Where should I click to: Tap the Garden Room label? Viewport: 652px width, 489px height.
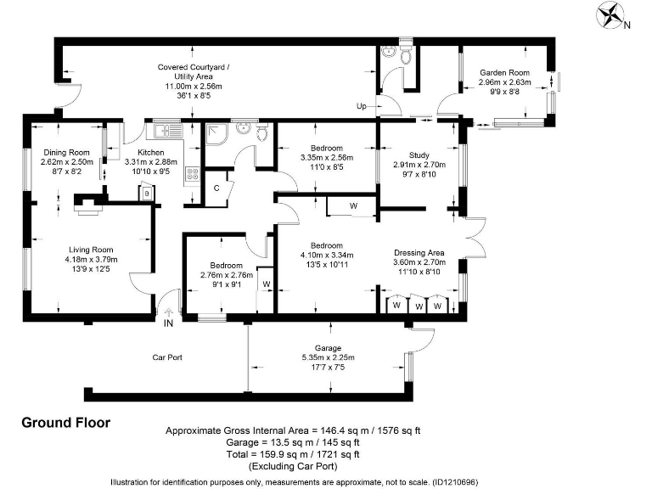click(504, 73)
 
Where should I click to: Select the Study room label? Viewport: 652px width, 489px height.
click(419, 155)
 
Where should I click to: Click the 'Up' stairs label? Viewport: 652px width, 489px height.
click(362, 106)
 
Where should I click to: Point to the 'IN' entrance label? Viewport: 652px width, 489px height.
click(168, 323)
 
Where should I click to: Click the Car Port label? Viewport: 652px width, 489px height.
click(167, 357)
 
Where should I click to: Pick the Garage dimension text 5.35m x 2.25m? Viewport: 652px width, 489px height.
click(328, 357)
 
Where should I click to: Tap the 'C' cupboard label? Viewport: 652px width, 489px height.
click(216, 188)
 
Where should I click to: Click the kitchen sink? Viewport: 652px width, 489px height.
click(168, 131)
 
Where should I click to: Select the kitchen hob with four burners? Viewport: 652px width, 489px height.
click(192, 174)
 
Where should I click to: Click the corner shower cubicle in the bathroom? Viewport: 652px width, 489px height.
click(216, 133)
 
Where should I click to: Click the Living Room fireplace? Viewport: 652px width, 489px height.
click(88, 205)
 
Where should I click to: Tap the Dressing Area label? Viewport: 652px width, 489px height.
click(419, 253)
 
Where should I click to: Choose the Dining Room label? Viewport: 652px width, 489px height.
click(66, 153)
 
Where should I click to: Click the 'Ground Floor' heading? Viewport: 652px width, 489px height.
click(66, 423)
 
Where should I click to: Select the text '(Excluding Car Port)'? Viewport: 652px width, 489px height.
click(293, 466)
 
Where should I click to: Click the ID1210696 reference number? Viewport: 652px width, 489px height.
click(455, 482)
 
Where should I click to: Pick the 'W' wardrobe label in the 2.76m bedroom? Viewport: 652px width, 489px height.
click(267, 284)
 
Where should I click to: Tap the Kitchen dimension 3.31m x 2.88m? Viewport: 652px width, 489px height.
click(151, 162)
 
